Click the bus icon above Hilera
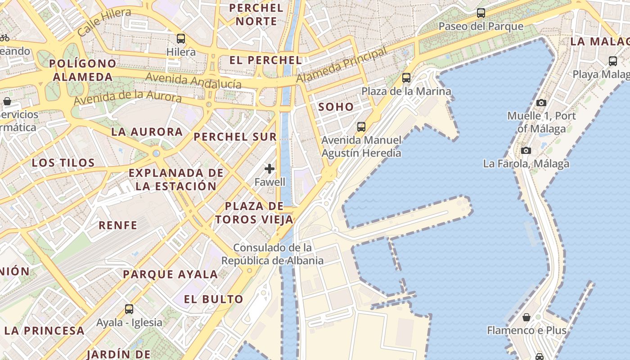coord(181,39)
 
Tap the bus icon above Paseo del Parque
coord(481,13)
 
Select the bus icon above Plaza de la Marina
coord(406,78)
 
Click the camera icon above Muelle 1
coord(541,103)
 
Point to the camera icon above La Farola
coord(526,150)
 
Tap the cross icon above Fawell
coord(270,169)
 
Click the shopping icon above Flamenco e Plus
coord(526,317)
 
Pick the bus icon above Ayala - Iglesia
coord(129,309)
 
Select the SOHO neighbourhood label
coord(336,107)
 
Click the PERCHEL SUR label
coord(235,137)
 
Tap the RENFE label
coord(118,225)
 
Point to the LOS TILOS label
coord(63,162)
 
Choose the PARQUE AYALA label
coord(170,274)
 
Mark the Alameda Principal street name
coord(342,66)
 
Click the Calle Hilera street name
coord(104,22)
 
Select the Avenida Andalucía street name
coord(193,80)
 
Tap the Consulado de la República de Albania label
coord(272,254)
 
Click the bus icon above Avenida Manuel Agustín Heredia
coord(361,127)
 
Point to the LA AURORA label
coord(147,132)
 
